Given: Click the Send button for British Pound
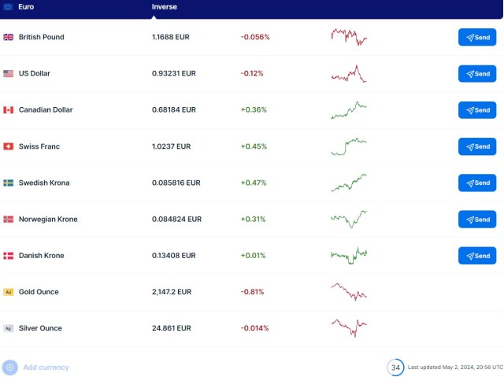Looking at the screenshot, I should (477, 37).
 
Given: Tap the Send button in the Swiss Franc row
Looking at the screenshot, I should (477, 146).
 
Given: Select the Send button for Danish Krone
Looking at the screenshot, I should (477, 256).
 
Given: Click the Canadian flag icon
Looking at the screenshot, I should (9, 110).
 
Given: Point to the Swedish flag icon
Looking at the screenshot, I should (9, 183).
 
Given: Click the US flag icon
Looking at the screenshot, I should (9, 73).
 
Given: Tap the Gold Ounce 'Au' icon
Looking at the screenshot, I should (9, 292).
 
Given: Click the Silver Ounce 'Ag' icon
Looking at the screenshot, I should (9, 328).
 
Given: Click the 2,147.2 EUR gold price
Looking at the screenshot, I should (172, 292).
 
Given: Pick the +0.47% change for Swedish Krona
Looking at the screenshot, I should (254, 183).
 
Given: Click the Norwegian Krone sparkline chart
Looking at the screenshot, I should (349, 218).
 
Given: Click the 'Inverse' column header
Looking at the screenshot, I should (165, 7).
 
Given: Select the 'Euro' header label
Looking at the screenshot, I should (27, 7).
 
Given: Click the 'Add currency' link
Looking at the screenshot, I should (46, 368).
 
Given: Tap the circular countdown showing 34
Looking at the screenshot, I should (395, 368).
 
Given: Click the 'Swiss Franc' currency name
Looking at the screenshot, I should (39, 146).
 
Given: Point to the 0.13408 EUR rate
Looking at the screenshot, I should (174, 256).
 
